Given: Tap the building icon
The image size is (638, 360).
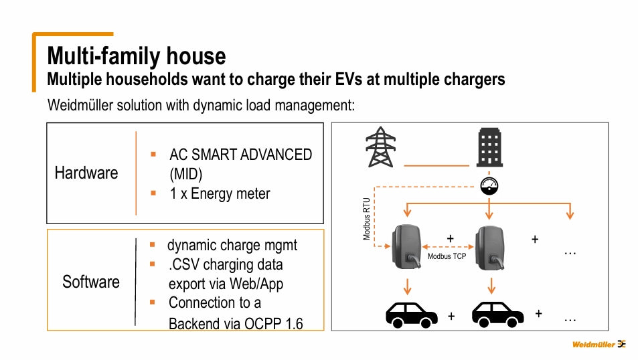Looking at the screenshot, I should coord(489,148).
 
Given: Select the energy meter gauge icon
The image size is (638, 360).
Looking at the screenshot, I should coord(489,185).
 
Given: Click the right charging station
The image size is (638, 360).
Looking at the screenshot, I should coord(489,246).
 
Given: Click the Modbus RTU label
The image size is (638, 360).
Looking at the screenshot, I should coord(366,218).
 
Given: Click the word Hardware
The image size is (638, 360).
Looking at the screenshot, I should coord(86,173).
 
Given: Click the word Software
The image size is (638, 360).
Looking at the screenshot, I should coord(91,282).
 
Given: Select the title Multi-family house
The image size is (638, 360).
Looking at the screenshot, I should coord(136,55).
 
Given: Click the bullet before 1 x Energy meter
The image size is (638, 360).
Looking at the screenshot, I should coord(153,193).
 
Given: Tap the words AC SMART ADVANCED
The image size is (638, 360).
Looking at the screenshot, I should coord(240,155).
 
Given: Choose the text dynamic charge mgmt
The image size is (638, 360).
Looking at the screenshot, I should coord(232,245).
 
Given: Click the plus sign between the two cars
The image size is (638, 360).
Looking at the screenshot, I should coord(451,316).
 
